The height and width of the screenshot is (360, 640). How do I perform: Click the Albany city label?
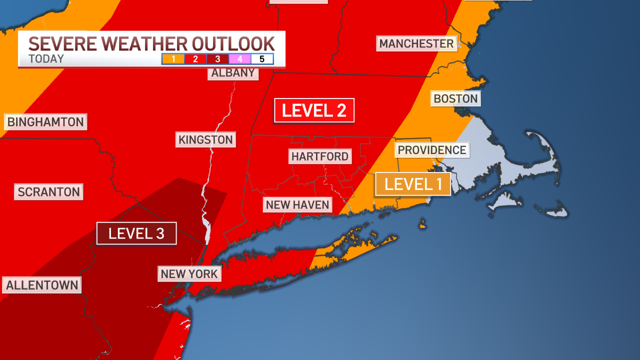point(233,73)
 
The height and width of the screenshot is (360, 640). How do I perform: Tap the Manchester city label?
point(416,43)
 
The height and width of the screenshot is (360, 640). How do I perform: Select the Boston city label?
point(455,98)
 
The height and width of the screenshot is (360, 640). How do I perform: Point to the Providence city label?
point(432,150)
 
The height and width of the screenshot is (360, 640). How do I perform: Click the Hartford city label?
point(320,156)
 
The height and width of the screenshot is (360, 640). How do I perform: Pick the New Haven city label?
point(297,204)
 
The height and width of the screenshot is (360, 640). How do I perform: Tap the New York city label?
point(189,274)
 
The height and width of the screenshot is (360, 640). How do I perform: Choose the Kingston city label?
point(205,139)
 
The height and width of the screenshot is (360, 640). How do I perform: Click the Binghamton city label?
point(45,122)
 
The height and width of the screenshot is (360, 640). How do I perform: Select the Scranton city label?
point(49,192)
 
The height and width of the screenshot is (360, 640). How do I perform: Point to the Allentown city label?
point(42,285)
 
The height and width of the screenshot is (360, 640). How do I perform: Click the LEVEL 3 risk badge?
point(136,233)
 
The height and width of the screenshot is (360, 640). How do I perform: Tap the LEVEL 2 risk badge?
point(314,110)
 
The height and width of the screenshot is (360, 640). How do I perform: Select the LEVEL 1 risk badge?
point(413,184)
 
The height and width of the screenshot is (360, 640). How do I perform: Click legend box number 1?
point(173,59)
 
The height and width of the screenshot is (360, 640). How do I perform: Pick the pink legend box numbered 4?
point(240,59)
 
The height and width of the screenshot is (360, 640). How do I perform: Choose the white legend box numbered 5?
point(262,59)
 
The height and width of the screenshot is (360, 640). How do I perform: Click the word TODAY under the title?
point(46,59)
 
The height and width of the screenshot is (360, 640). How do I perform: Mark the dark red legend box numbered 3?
point(217,59)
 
